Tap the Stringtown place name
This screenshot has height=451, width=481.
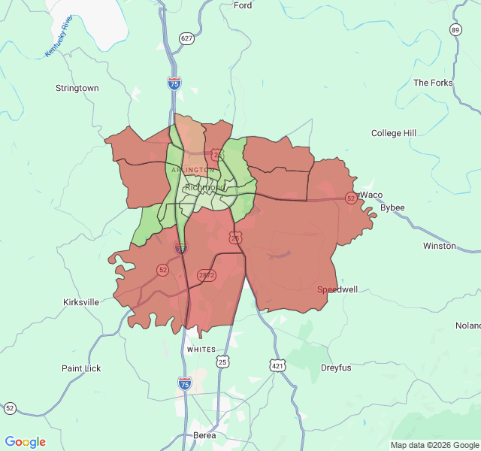pos(77,88)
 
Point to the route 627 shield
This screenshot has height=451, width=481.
pos(186,38)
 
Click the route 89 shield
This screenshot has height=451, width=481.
pos(455,29)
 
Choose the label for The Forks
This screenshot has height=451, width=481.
pos(433,83)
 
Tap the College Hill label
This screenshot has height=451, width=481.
pos(393,133)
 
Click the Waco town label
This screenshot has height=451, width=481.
pos(371,195)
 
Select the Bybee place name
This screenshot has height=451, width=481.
pos(392,207)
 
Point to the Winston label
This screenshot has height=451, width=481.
pos(439,246)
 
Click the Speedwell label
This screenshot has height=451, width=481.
pos(337,289)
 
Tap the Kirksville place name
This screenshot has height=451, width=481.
pos(80,302)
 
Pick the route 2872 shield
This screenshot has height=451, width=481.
pos(207,276)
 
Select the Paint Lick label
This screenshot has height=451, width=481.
pos(81,368)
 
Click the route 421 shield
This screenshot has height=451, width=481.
pos(278,365)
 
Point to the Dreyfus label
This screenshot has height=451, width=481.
pos(336,368)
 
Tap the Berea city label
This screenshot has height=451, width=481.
pos(204,435)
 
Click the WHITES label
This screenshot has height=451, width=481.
pos(201,350)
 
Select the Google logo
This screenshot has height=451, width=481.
pos(25,442)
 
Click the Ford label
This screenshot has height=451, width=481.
pos(243,5)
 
